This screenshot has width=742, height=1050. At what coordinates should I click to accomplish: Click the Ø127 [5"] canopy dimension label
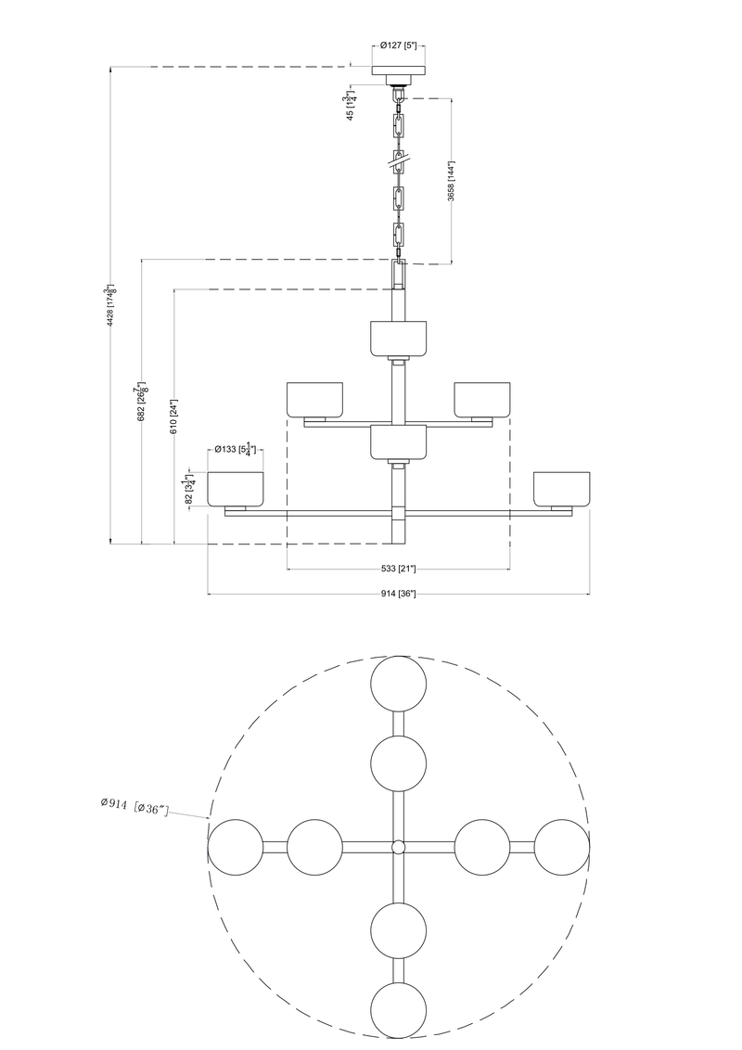(398, 45)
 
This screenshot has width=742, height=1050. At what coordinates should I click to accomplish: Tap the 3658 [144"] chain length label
(451, 182)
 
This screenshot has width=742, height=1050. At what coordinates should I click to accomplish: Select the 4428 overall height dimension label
(111, 304)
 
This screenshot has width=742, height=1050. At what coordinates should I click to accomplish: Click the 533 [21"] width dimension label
(398, 568)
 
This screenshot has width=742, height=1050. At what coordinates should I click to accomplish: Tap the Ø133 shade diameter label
(234, 450)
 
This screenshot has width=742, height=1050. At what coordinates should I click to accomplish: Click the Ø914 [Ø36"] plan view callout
(134, 806)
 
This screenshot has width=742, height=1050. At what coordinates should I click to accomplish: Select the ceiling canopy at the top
(398, 71)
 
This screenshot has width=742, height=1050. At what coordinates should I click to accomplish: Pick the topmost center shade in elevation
(398, 338)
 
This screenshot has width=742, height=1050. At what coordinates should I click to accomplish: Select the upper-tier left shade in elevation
(315, 399)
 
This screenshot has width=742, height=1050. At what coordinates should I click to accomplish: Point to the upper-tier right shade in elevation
(480, 399)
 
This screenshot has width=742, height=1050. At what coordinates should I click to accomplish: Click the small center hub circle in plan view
(399, 847)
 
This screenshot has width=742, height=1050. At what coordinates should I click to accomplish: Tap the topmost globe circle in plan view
(399, 685)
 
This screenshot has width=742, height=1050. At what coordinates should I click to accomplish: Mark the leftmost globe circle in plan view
(236, 847)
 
